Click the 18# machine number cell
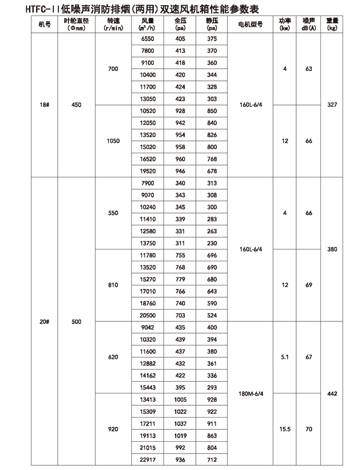pyautogui.click(x=44, y=105)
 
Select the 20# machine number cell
pyautogui.click(x=44, y=322)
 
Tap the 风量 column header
pyautogui.click(x=147, y=24)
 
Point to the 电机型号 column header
pyautogui.click(x=250, y=24)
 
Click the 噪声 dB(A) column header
pyautogui.click(x=309, y=24)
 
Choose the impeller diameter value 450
pyautogui.click(x=76, y=105)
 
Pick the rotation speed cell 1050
pyautogui.click(x=113, y=141)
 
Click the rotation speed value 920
pyautogui.click(x=113, y=429)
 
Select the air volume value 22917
pyautogui.click(x=147, y=460)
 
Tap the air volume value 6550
pyautogui.click(x=147, y=39)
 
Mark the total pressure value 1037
pyautogui.click(x=180, y=423)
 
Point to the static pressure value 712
pyautogui.click(x=212, y=460)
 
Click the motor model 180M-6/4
pyautogui.click(x=250, y=394)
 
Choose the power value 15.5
pyautogui.click(x=284, y=429)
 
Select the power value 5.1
pyautogui.click(x=284, y=357)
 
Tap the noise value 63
pyautogui.click(x=309, y=69)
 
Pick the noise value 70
pyautogui.click(x=309, y=429)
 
